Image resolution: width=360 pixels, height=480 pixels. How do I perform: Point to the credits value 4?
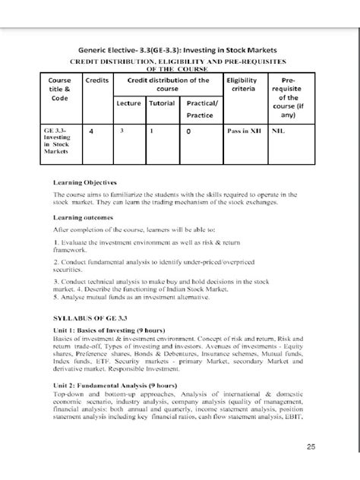pyautogui.click(x=91, y=131)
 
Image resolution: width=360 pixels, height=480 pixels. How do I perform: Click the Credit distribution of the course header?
pyautogui.click(x=167, y=84)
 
